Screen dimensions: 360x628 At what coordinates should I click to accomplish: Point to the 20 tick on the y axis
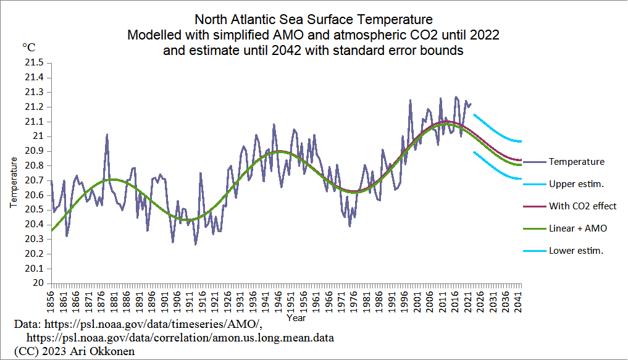coord(38,283)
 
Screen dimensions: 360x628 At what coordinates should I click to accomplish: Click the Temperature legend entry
coord(576,162)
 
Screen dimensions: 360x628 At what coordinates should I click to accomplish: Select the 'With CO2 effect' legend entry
coord(582,206)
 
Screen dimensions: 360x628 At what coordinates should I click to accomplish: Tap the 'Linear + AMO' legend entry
coord(578,228)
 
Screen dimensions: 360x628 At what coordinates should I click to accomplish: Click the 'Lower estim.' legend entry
coord(576,251)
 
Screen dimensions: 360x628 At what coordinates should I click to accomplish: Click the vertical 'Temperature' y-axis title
coord(13,182)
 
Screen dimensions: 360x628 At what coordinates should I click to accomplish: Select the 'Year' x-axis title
coord(295,319)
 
